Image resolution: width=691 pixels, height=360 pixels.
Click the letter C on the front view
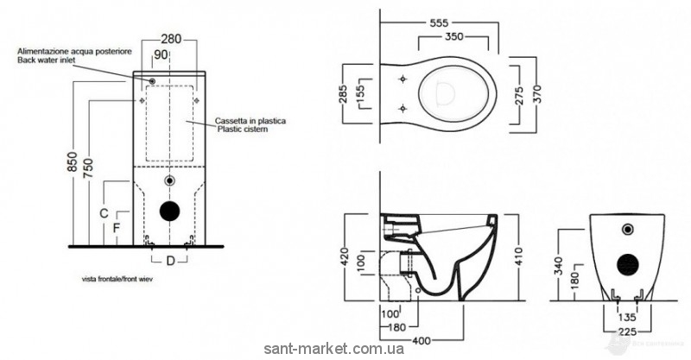(x=102, y=212)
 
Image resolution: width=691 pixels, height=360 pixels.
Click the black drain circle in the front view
(x=170, y=212)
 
